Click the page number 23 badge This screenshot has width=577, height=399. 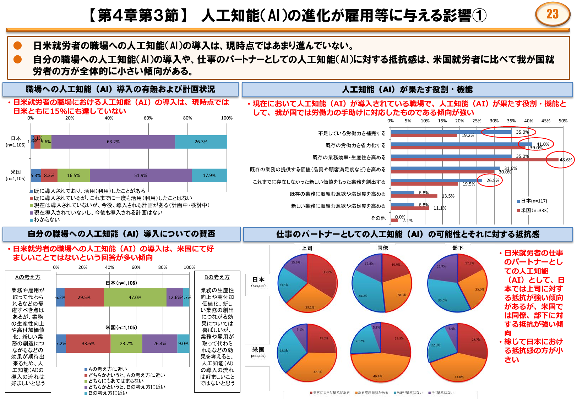(x=552, y=14)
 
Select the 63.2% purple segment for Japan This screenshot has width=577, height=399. (x=113, y=142)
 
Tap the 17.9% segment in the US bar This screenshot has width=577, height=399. (x=209, y=176)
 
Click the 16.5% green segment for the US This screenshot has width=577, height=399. (x=74, y=176)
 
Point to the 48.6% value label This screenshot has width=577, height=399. (x=566, y=160)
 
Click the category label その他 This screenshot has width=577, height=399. (x=378, y=218)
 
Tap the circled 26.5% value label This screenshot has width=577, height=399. (x=493, y=181)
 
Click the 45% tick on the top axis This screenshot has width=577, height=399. (x=546, y=121)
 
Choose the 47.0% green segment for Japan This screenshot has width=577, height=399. (x=135, y=298)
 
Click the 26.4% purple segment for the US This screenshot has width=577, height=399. (x=160, y=344)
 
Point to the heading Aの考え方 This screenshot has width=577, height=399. (x=28, y=277)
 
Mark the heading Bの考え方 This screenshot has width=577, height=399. (x=217, y=277)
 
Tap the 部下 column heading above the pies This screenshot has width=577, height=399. (x=458, y=248)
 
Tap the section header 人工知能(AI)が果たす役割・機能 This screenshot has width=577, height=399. (x=407, y=90)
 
